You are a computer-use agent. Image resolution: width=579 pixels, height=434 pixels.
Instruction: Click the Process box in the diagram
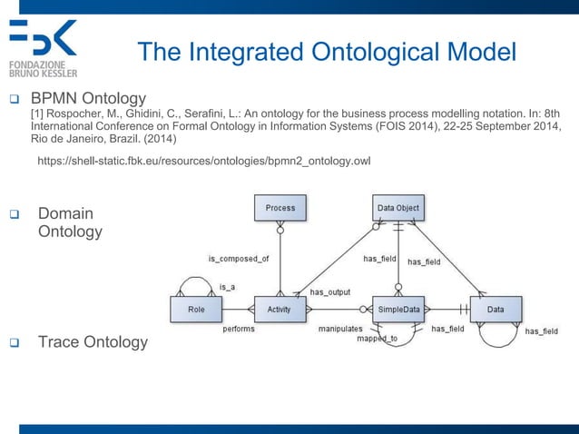coord(280,208)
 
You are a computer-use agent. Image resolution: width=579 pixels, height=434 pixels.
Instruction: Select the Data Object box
coord(397,208)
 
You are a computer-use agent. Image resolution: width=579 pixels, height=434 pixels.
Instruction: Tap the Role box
coord(196,310)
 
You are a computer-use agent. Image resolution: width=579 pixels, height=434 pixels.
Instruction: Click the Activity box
coord(280,310)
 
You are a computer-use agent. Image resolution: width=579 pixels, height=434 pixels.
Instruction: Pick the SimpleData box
coord(399,310)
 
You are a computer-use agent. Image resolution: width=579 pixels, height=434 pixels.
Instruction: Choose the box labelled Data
coord(496,310)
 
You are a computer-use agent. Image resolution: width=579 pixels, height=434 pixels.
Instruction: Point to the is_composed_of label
coord(238,259)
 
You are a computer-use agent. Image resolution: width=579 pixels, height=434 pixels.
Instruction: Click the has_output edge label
coord(330,291)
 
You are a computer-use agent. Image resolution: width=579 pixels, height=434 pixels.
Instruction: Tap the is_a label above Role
coord(227,286)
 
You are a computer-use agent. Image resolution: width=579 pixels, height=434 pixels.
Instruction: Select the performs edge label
coord(239,329)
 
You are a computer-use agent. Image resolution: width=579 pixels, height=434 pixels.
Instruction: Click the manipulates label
coord(340,329)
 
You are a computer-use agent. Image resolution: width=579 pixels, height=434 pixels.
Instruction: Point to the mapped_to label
coord(377,339)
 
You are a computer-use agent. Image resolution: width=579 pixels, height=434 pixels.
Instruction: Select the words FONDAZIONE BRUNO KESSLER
coord(43,69)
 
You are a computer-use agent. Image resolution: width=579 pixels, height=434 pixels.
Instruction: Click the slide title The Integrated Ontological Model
coord(326,52)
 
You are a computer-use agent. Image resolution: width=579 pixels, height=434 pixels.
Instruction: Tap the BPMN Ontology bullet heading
coord(89,97)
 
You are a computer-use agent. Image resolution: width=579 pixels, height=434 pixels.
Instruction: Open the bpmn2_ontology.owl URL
coord(204,161)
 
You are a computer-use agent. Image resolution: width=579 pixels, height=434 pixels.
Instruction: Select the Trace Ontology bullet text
coord(92,342)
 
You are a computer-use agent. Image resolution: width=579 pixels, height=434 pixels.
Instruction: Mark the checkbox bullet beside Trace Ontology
coord(16,343)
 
